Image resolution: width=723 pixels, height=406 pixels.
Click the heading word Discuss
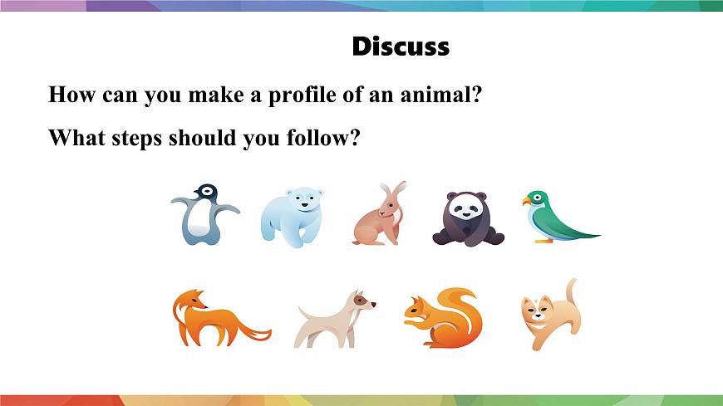click(x=401, y=46)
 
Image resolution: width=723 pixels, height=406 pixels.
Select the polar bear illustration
click(x=292, y=215)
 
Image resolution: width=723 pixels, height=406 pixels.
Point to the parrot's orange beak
click(x=526, y=201)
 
